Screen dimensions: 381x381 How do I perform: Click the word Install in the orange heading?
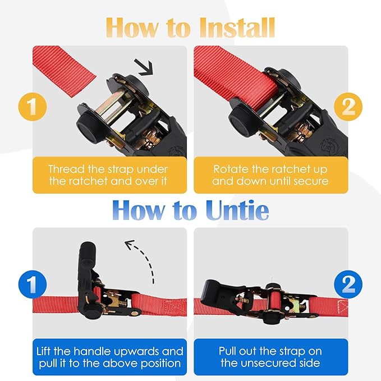click(x=238, y=27)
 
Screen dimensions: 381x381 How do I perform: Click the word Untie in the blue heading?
click(x=237, y=210)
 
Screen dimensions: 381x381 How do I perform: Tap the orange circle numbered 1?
click(x=33, y=107)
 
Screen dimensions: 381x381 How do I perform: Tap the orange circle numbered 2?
click(x=348, y=107)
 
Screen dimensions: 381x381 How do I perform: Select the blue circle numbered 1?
click(x=33, y=284)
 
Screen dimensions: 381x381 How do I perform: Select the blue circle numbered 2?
click(x=348, y=284)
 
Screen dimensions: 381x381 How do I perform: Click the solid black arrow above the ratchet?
click(x=144, y=67)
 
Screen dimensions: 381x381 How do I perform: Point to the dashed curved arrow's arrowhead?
click(x=130, y=244)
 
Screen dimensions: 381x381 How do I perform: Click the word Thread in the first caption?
click(x=66, y=169)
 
